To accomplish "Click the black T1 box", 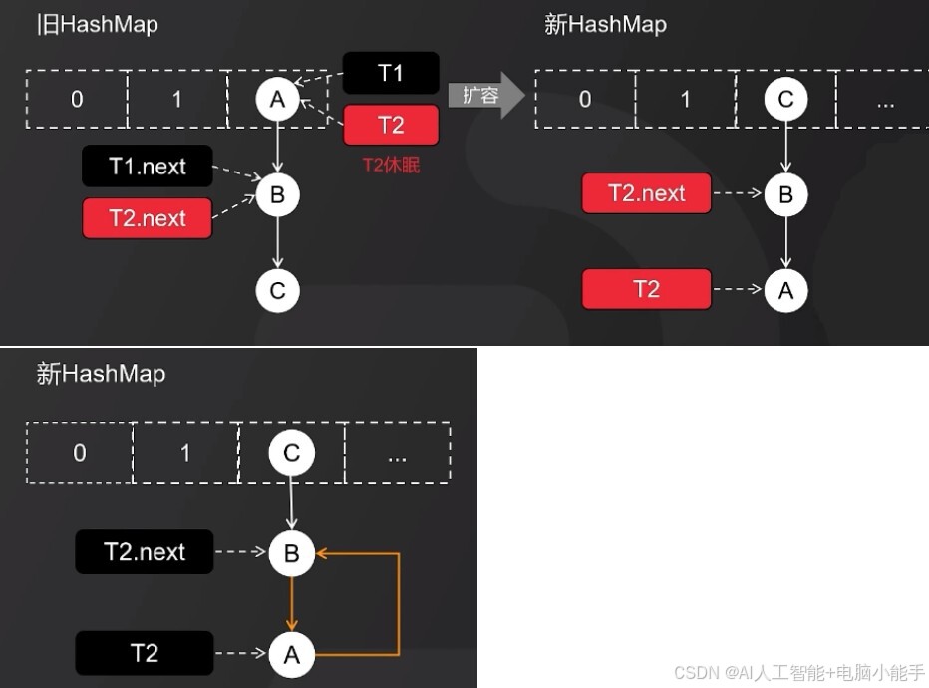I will tap(391, 73).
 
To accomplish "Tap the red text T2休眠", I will tap(391, 165).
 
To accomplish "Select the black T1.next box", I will tap(148, 167).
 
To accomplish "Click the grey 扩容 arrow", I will tap(485, 96).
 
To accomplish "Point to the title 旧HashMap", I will tap(97, 25).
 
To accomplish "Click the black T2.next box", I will tap(145, 551).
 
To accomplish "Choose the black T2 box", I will tap(145, 653).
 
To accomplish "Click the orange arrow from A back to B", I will tap(398, 604).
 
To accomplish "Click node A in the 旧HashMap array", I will tap(277, 99).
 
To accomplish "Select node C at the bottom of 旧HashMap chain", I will tap(277, 291).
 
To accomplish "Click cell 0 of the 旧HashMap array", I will tap(77, 99).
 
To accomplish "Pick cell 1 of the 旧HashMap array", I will tap(177, 99).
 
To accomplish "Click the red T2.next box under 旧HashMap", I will tap(148, 218).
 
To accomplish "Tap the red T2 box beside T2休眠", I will tap(391, 125).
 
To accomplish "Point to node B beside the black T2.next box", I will tap(292, 553).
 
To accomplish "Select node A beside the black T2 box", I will tap(292, 655).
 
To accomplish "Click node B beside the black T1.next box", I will tap(277, 194).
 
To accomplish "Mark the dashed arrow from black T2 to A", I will tap(241, 654).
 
